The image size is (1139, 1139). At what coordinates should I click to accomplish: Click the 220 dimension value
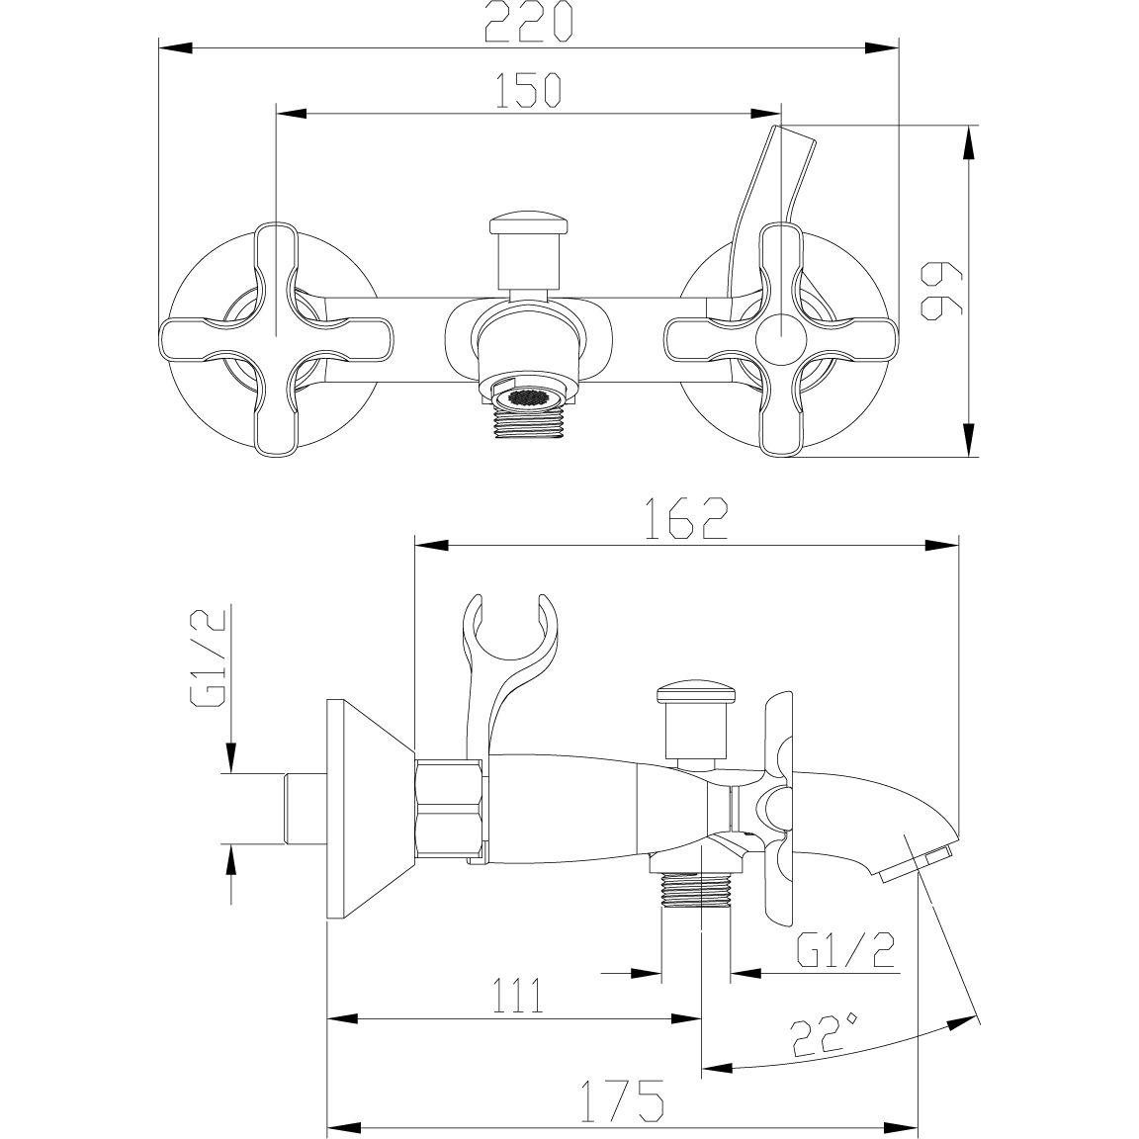pos(528,23)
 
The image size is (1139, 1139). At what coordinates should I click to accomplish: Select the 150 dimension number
pos(528,91)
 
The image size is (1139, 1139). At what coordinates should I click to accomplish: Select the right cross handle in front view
pos(781,339)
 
